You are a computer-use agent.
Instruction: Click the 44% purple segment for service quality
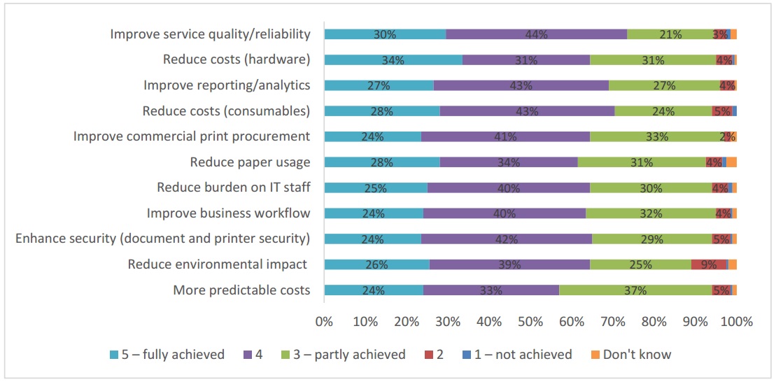536,34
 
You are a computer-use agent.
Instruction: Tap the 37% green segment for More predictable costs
635,290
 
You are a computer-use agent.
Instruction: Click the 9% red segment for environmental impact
708,264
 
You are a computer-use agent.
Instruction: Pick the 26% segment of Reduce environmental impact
376,264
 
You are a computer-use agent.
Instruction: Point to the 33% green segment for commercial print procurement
652,136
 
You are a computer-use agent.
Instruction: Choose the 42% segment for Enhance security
507,239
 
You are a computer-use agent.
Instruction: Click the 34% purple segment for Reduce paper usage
509,162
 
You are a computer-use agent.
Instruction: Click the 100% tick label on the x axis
736,322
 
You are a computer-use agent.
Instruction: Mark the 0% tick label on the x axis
324,322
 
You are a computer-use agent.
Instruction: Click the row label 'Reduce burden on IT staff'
233,188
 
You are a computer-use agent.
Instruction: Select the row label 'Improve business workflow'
228,213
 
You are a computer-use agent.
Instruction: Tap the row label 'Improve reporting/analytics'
227,85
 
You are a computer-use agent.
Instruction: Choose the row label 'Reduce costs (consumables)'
226,111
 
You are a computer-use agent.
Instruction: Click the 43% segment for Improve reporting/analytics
521,85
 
